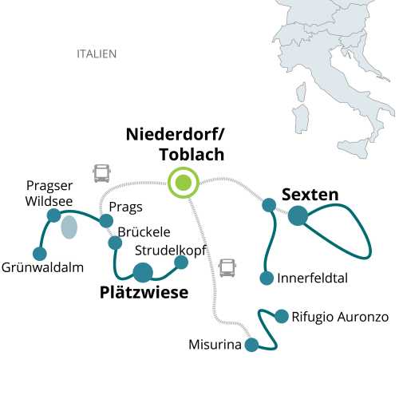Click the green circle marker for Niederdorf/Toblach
click(x=184, y=183)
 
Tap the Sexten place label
click(x=310, y=194)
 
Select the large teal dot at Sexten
click(x=298, y=215)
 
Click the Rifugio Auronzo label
click(x=340, y=317)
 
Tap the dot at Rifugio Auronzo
click(x=281, y=316)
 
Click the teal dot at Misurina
click(x=252, y=345)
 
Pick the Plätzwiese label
click(x=144, y=293)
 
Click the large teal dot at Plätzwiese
click(x=143, y=273)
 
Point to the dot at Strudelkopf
click(x=181, y=262)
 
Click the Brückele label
click(x=144, y=231)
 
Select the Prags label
click(x=125, y=207)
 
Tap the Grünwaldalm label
click(x=43, y=267)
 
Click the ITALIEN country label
click(x=97, y=54)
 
